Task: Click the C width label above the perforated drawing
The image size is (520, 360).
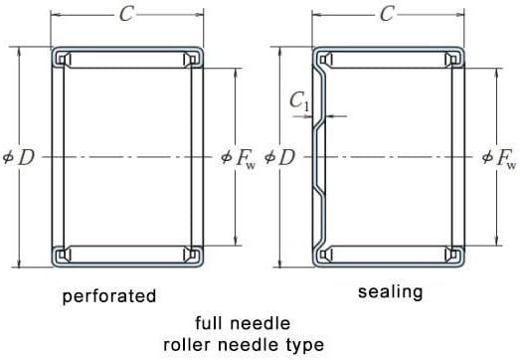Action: tap(126, 14)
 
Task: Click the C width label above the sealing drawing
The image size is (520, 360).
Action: tap(387, 14)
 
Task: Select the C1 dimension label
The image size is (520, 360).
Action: tap(299, 100)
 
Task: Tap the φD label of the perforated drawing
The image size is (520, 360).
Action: tap(19, 157)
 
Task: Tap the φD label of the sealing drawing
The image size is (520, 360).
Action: tap(279, 157)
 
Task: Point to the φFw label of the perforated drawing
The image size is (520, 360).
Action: tap(239, 158)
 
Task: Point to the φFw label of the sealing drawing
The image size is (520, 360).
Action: tap(499, 158)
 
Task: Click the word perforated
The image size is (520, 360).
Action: tap(109, 296)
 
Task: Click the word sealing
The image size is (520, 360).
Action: tap(391, 292)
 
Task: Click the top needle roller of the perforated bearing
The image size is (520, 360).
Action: tap(127, 60)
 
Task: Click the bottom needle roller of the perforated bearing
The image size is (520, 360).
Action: tap(127, 255)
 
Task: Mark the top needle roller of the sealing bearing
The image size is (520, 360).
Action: tap(389, 60)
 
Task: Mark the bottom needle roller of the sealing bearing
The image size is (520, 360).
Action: tap(389, 255)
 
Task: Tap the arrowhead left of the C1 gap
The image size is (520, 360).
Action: tap(308, 116)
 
